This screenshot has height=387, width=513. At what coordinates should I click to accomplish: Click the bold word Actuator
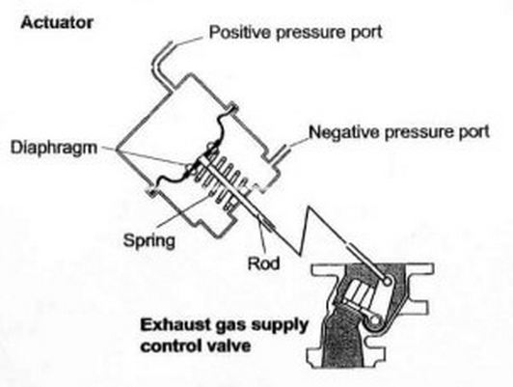[x=57, y=23]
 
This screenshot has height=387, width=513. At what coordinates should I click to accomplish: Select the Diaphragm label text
[x=54, y=148]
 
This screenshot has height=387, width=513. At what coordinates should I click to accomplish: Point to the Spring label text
[x=148, y=241]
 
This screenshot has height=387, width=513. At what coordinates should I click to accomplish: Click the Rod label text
[x=263, y=263]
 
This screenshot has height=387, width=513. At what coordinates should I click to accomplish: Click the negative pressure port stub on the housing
[x=281, y=153]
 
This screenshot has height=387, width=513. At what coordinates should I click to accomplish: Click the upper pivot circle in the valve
[x=387, y=281]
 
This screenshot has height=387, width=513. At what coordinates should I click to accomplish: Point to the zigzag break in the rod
[x=304, y=230]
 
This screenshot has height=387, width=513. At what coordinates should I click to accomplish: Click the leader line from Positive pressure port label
[x=187, y=41]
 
